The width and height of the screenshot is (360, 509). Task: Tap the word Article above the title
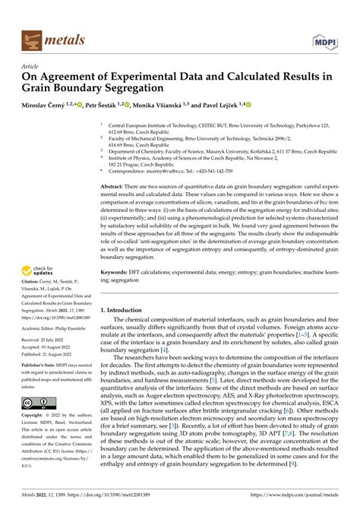tap(31, 66)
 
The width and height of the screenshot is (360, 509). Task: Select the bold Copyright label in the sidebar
tap(33, 416)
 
